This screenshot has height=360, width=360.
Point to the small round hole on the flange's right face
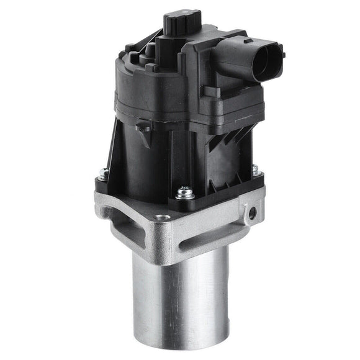coord(252,213)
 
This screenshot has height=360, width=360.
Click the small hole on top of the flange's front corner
coord(163,218)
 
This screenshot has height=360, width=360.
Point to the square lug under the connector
coord(214,92)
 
